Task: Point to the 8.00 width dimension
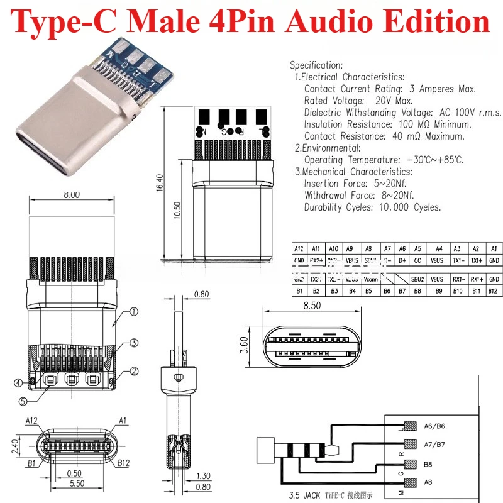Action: [x=72, y=195]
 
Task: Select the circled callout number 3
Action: [x=134, y=343]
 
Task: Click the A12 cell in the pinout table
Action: [x=298, y=249]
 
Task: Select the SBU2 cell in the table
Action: [x=417, y=279]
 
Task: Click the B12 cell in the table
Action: [x=494, y=291]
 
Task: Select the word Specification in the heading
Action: [x=316, y=65]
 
